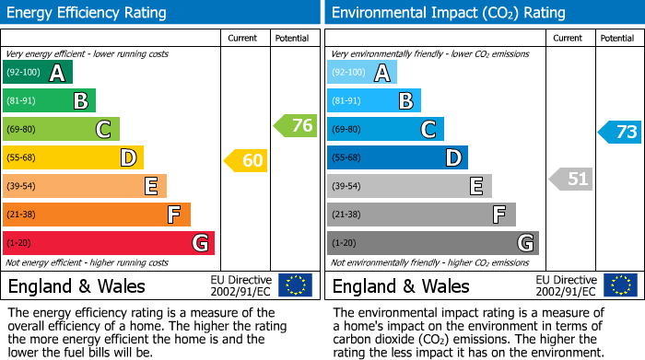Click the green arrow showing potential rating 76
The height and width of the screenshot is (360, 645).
(297, 126)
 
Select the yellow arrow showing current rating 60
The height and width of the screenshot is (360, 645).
(247, 161)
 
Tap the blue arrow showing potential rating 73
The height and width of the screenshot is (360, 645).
(620, 132)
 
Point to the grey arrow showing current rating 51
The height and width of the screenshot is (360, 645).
(571, 179)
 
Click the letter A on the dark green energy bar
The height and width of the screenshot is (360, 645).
(57, 73)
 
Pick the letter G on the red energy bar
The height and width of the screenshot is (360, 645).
(199, 243)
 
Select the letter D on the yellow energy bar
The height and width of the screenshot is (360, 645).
(128, 158)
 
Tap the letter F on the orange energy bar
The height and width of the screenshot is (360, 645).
(174, 215)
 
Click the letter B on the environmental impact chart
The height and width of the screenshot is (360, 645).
(405, 101)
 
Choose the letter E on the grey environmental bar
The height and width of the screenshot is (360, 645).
(476, 187)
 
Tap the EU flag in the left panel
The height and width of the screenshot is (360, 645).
(295, 285)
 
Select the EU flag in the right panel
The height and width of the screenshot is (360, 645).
(619, 285)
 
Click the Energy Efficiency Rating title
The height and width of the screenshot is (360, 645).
(88, 13)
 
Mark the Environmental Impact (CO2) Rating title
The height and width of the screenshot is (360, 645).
(447, 13)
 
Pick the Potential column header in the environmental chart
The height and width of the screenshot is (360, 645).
(617, 38)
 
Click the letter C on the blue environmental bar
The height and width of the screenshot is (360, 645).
(428, 130)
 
